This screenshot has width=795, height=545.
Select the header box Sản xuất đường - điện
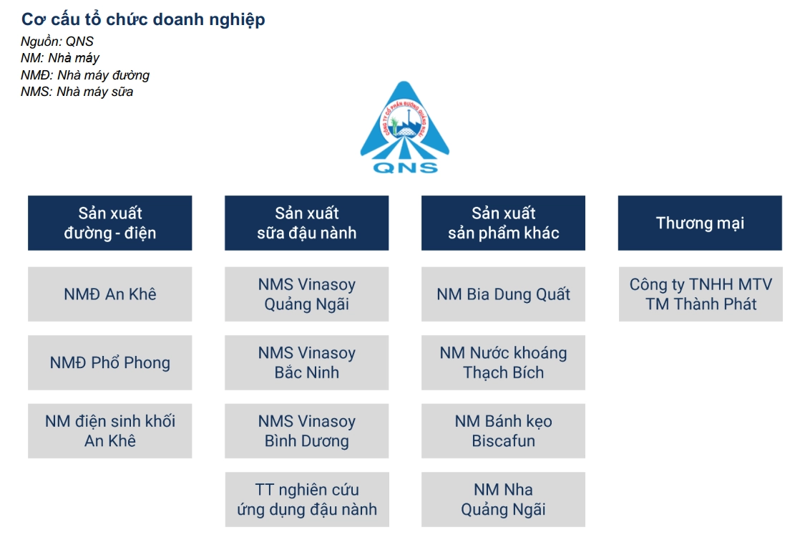[109, 223]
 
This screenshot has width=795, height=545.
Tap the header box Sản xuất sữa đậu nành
[306, 223]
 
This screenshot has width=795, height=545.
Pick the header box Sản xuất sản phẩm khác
[503, 223]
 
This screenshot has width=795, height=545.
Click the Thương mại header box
[700, 223]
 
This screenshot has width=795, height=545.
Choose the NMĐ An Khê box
[109, 294]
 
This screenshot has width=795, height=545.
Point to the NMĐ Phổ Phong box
[109, 362]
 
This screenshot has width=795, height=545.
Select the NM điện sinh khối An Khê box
[109, 431]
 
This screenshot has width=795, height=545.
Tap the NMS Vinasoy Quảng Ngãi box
[306, 294]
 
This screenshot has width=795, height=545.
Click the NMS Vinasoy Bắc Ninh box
[306, 362]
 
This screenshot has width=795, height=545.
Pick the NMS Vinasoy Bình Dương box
[306, 431]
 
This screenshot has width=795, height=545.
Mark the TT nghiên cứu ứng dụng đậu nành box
[306, 500]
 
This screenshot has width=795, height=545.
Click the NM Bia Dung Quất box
[503, 294]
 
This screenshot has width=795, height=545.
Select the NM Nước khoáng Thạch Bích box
[503, 362]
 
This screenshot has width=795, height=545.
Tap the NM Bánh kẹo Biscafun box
[503, 431]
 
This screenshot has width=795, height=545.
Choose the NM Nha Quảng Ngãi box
[503, 500]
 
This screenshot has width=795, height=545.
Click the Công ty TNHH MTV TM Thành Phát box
[701, 294]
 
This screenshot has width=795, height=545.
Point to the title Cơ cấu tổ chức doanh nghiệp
[143, 19]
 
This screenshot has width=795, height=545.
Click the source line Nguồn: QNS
[57, 42]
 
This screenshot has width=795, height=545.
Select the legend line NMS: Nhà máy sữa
[77, 92]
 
